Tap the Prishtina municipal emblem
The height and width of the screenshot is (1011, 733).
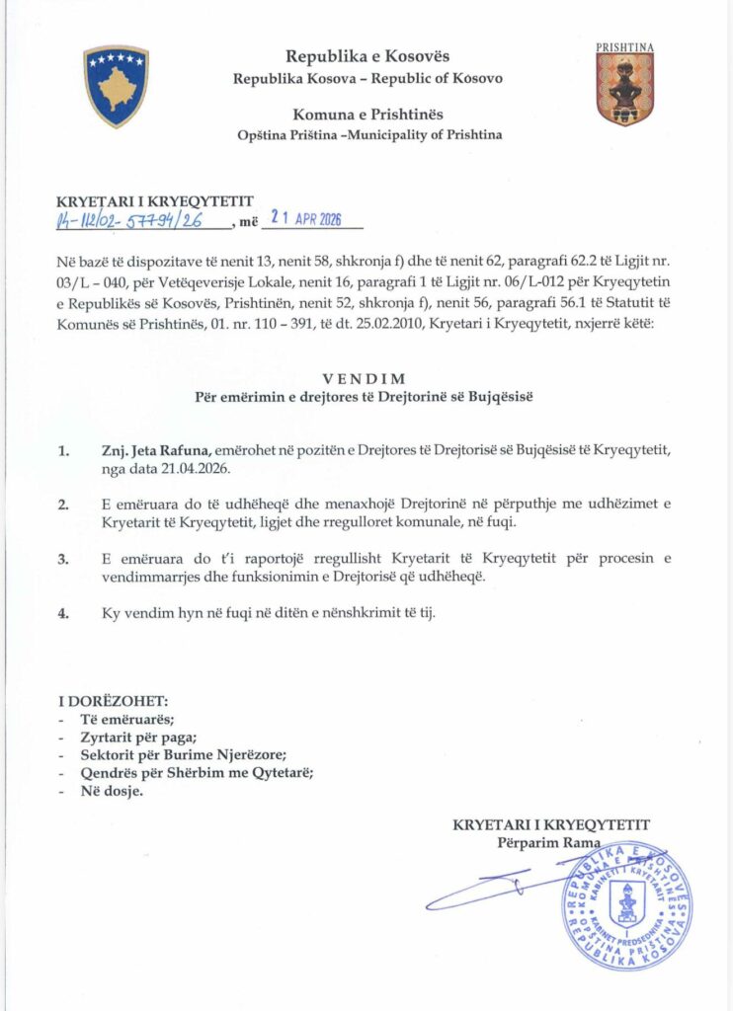[624, 88]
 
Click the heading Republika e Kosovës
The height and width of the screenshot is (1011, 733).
[366, 57]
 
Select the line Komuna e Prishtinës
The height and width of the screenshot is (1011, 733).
[366, 115]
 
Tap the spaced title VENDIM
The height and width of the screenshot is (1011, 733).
[366, 378]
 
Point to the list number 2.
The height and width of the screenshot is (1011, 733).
[63, 505]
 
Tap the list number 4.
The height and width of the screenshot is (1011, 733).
[63, 613]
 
